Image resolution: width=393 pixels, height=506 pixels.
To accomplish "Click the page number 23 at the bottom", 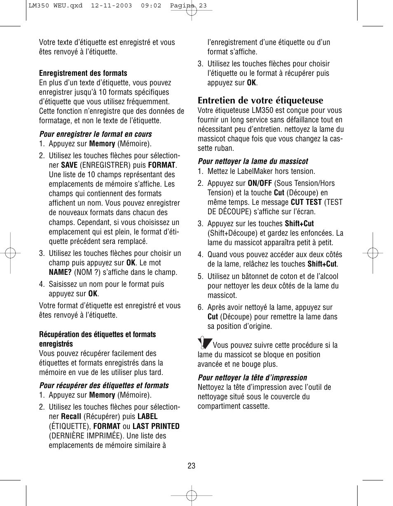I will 191,466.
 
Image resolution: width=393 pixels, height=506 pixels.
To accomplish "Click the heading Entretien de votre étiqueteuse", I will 260,101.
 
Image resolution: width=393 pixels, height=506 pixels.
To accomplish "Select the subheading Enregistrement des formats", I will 83,73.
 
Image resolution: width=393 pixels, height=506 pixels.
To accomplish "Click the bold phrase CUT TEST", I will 306,202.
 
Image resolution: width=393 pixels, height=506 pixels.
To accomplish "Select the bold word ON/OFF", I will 260,183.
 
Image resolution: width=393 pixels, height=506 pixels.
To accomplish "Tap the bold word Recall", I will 71,417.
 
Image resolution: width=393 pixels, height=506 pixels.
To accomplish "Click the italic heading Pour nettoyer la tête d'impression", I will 253,378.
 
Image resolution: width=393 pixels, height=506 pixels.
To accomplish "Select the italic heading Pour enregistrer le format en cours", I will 96,134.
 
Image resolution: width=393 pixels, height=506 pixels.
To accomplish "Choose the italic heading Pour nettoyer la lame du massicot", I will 253,162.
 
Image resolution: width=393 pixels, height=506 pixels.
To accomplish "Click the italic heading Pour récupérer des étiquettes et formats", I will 104,386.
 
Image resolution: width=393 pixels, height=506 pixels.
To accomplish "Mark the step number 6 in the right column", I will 200,307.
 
